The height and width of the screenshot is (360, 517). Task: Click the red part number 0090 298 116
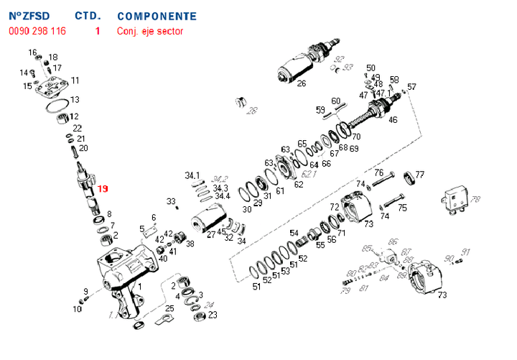[37, 31]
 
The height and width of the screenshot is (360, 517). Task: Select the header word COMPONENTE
[157, 15]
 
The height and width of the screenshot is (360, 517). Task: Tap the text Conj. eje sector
[150, 31]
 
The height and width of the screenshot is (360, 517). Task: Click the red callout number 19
[103, 189]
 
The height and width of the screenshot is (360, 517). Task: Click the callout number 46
[393, 119]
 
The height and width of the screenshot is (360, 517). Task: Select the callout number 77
[420, 175]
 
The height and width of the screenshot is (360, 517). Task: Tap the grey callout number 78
[475, 199]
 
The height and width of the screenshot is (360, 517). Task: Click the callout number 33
[171, 201]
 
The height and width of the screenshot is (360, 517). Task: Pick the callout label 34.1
[192, 175]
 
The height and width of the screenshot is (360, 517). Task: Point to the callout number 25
[169, 308]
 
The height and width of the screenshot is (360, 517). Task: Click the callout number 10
[78, 309]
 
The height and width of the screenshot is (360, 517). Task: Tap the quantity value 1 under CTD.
[98, 31]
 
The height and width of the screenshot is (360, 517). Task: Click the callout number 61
[280, 190]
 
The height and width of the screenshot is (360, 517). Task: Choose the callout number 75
[402, 208]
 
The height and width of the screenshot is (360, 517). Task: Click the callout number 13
[75, 99]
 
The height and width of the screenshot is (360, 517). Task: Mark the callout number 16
[32, 52]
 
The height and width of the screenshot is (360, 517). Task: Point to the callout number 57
[411, 87]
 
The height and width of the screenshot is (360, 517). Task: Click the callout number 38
[190, 244]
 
